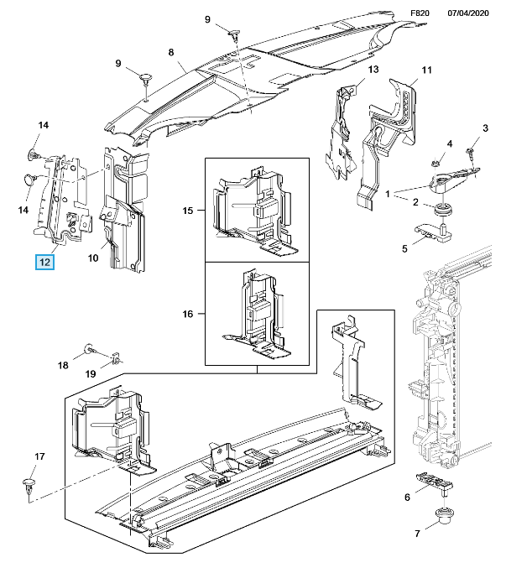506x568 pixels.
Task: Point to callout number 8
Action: (171, 53)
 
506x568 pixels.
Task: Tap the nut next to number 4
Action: (438, 159)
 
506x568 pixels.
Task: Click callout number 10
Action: (93, 258)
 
